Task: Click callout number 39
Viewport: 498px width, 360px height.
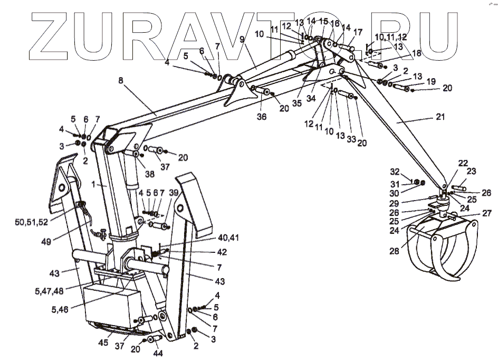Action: click(x=173, y=194)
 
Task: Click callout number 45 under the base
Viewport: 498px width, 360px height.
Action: click(x=103, y=343)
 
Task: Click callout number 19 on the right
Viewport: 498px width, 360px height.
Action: click(x=432, y=81)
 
